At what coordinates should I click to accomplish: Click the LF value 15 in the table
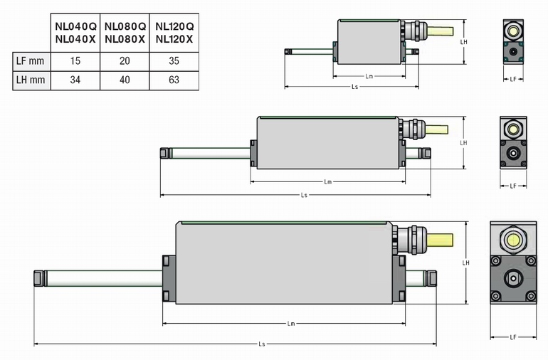click(x=75, y=60)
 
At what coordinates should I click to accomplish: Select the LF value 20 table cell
click(x=125, y=60)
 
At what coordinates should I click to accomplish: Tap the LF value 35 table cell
click(x=174, y=60)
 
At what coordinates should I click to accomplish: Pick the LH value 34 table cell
click(x=75, y=80)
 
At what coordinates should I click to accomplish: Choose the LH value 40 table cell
click(x=125, y=80)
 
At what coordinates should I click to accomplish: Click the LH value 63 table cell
click(x=174, y=80)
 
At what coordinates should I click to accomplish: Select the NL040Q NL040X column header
click(x=75, y=32)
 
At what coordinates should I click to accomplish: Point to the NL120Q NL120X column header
click(x=174, y=32)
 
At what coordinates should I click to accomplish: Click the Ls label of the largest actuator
click(x=262, y=344)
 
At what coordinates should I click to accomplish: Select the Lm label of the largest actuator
click(x=291, y=324)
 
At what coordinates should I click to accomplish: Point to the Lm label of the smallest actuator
click(x=369, y=75)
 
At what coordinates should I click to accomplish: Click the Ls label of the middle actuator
click(x=304, y=194)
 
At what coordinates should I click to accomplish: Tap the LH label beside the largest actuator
click(x=465, y=263)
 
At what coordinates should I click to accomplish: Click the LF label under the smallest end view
click(x=513, y=80)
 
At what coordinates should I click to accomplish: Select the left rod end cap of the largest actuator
click(x=38, y=278)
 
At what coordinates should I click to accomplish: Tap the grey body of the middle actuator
click(x=327, y=144)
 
